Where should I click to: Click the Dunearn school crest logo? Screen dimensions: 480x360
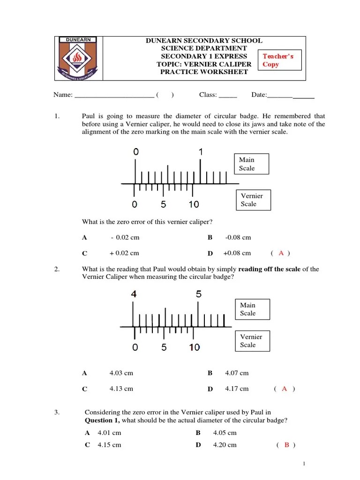pos(78,58)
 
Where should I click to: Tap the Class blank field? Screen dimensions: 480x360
pos(228,95)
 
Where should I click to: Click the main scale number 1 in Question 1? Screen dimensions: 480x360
pos(201,152)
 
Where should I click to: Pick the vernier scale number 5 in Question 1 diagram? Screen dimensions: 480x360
pos(163,204)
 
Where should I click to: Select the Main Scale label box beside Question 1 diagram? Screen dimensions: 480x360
pos(251,164)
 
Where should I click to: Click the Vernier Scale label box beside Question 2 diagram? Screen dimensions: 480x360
pos(252,341)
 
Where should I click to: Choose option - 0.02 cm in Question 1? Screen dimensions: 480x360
pos(125,238)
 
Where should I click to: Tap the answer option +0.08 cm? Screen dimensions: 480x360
pos(237,253)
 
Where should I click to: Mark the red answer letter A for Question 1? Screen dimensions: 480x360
pos(281,253)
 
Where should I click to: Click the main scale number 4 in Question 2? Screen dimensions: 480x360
pos(134,294)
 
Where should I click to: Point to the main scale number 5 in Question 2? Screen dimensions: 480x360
pos(199,294)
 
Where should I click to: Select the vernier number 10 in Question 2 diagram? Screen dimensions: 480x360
pos(194,347)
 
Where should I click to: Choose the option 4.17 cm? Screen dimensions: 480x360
pos(237,389)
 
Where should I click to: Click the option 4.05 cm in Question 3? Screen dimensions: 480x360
pos(225,433)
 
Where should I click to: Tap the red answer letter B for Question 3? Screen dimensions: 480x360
pos(286,445)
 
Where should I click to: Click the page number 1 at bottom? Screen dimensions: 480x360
pos(304,464)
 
